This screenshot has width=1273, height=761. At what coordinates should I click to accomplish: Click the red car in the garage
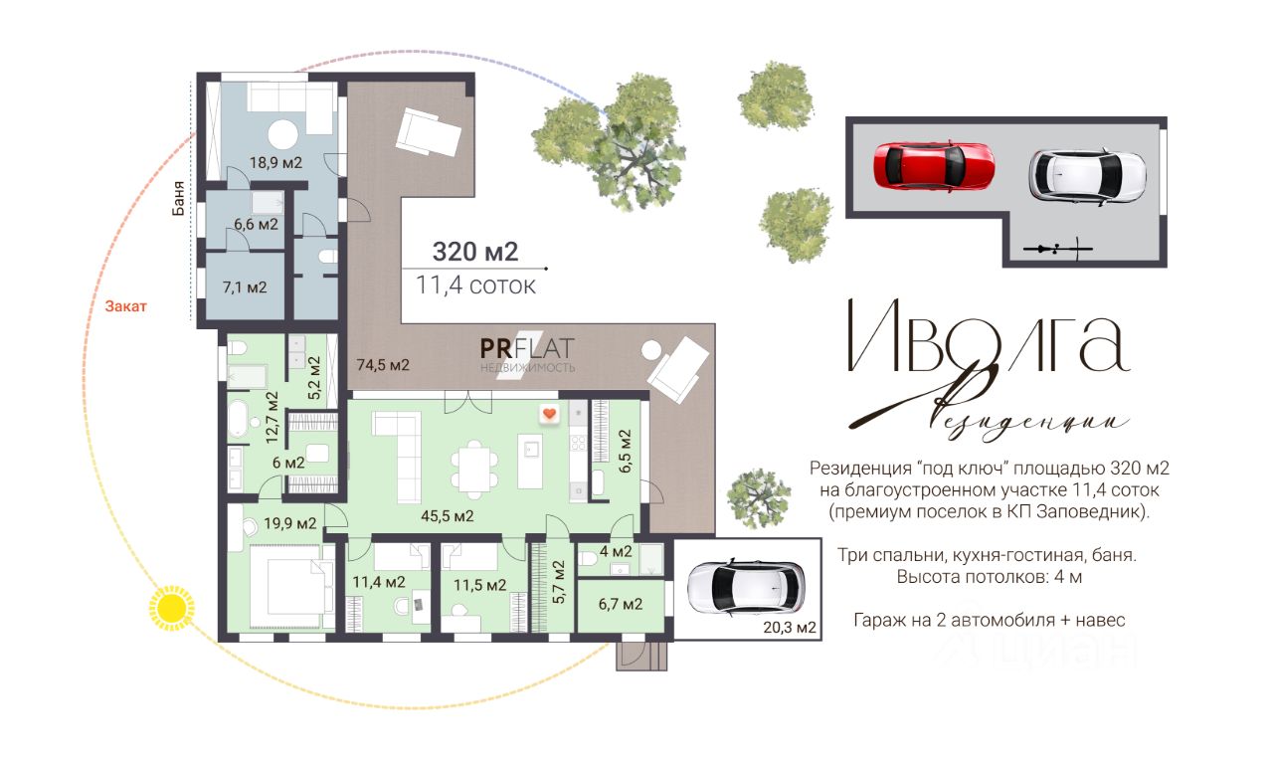(934, 166)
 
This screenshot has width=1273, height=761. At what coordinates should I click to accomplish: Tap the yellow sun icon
(171, 608)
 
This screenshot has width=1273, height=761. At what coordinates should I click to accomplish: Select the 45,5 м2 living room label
(448, 516)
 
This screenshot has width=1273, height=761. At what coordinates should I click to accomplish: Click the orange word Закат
(125, 306)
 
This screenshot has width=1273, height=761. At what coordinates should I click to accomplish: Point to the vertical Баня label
(178, 198)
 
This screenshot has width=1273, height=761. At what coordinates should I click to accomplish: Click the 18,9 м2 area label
(275, 162)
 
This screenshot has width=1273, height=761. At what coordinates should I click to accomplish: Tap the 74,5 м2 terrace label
(383, 365)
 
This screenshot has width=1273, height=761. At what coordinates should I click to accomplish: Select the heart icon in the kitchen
(549, 414)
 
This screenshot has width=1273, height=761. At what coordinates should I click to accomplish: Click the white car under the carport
(746, 588)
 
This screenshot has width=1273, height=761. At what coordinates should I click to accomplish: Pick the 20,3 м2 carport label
(790, 628)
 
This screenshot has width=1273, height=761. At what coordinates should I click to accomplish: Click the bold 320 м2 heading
(475, 252)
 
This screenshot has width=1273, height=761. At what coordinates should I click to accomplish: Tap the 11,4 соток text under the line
(475, 285)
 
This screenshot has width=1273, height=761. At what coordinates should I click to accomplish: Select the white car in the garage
(1087, 176)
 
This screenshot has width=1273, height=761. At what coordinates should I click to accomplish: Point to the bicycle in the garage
(1057, 249)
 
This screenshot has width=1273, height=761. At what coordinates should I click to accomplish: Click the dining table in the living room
(475, 470)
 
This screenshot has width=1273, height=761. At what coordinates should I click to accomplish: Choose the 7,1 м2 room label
(245, 287)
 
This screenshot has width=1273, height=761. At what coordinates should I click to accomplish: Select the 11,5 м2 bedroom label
(479, 585)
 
